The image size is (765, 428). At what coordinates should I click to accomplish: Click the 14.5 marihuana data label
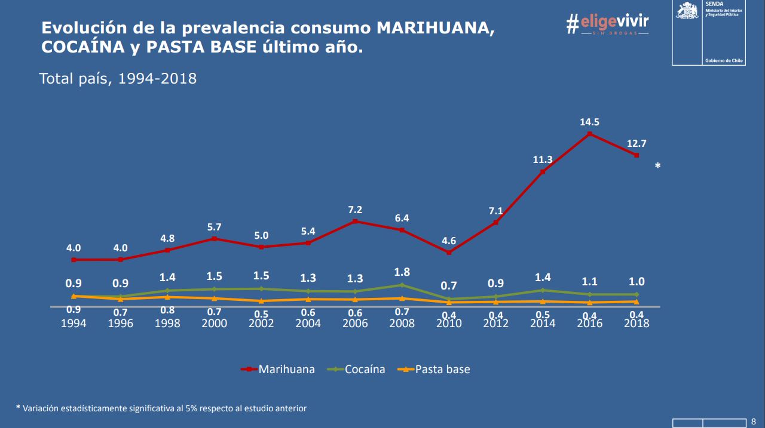coord(589,122)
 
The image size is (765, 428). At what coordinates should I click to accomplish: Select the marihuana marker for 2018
coord(637,155)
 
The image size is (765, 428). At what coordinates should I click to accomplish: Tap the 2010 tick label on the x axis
coord(449,323)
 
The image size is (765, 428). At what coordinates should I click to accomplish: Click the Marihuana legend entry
coord(278,370)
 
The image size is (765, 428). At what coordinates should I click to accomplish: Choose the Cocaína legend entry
coord(356,370)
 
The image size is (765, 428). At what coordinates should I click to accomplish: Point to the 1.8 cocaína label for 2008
coord(402,272)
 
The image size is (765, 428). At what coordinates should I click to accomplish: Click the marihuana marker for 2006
coord(355,221)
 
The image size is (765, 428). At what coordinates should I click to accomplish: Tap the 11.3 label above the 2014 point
coord(542,159)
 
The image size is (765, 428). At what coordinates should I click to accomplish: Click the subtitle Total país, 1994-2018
coord(118,78)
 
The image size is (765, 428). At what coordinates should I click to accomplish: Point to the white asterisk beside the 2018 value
coord(657,166)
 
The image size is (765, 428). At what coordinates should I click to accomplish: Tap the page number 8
coord(752,421)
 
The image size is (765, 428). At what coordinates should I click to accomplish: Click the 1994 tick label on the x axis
coord(74,323)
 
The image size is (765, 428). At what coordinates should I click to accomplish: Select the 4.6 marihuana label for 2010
coord(449,241)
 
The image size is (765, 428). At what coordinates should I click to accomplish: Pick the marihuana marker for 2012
coord(495,223)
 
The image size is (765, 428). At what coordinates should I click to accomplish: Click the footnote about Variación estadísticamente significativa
coord(161,408)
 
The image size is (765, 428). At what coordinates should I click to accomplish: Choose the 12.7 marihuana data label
coord(637,143)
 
